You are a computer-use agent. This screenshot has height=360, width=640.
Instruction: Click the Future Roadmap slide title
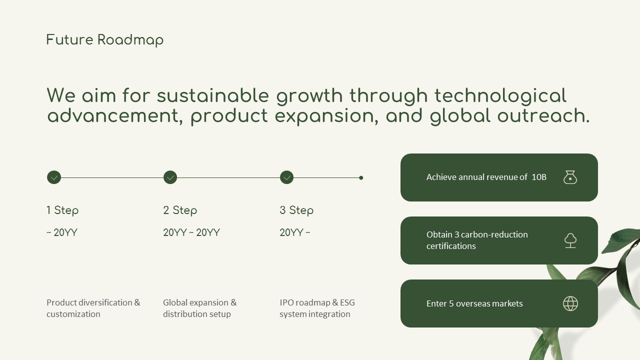coord(105,40)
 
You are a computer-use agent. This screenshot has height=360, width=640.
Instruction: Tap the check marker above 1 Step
coord(54,177)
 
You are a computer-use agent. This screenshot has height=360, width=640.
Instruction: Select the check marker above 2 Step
coord(170,177)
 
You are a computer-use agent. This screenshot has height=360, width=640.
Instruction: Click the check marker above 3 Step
coord(286,177)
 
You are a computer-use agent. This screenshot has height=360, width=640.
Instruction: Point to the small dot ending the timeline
coord(361,177)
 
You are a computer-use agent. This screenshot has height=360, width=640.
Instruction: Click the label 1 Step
coord(62,210)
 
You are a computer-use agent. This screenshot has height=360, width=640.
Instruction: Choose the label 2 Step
coord(180,210)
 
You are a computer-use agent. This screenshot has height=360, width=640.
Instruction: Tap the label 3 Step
coord(296,210)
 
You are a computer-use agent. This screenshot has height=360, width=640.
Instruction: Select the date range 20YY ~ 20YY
coord(191,232)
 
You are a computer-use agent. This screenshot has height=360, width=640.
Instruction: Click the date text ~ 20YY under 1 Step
coord(62,232)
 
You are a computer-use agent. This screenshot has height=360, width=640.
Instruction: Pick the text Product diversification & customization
coord(93,308)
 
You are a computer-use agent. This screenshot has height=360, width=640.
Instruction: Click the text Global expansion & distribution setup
coord(200,308)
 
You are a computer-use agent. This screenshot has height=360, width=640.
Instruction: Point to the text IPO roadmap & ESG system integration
coord(317,308)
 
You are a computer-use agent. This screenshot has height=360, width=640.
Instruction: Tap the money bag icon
coord(570,177)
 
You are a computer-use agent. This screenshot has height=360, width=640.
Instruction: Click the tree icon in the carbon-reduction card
coord(570,240)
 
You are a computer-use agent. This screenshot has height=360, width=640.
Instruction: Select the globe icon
coord(570,303)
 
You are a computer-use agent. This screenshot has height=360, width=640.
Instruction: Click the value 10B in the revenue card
coord(539,177)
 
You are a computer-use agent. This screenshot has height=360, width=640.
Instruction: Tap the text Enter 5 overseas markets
coord(474,303)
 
